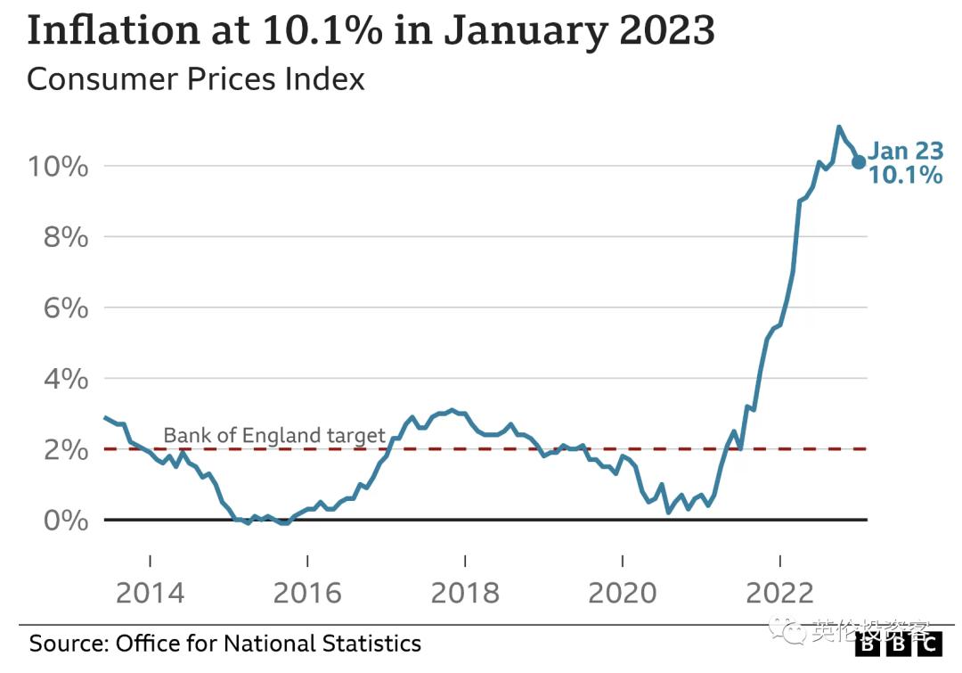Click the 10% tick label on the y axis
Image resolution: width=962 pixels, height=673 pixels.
coord(55,167)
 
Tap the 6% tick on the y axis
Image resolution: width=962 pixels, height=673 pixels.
coord(64,308)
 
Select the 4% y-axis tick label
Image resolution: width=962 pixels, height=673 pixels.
coord(64,379)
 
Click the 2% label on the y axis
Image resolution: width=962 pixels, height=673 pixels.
coord(64,449)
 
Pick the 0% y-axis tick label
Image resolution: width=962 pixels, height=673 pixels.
coord(64,520)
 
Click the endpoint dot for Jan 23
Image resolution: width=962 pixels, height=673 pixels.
coord(859,162)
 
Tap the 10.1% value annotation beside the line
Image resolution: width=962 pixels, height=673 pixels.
coord(905,175)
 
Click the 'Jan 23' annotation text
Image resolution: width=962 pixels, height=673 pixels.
coord(905,151)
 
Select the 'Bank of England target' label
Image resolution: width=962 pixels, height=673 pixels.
coord(274,436)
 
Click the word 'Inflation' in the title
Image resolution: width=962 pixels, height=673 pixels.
coord(114,30)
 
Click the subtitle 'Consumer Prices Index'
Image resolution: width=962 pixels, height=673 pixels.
coord(196,78)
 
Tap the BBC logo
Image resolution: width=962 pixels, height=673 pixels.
coord(901,643)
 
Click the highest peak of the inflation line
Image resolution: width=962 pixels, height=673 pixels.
coord(838,127)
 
